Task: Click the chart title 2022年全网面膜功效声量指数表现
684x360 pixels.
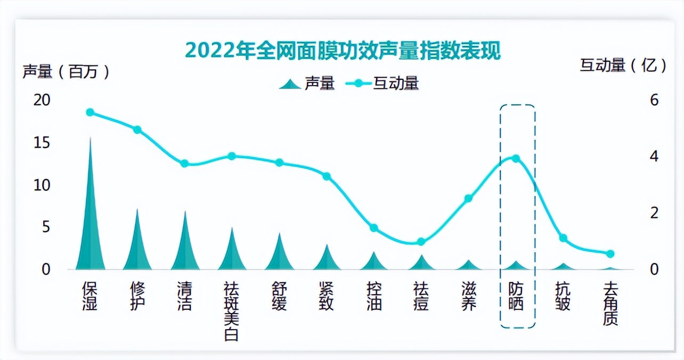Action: [x=343, y=52]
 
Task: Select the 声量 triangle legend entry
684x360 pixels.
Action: [x=307, y=84]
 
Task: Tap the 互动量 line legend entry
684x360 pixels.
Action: [x=382, y=84]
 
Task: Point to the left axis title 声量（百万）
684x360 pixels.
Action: [x=66, y=71]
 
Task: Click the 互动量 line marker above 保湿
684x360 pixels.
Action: [x=90, y=112]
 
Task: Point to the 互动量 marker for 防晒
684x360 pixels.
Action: [x=516, y=158]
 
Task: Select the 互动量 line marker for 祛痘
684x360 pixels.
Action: [x=421, y=242]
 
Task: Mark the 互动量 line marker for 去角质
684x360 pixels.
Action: [x=610, y=254]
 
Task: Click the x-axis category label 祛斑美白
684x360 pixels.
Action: [x=232, y=311]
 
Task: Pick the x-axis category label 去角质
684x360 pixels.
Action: [x=610, y=304]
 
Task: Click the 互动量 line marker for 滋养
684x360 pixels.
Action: [x=468, y=199]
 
